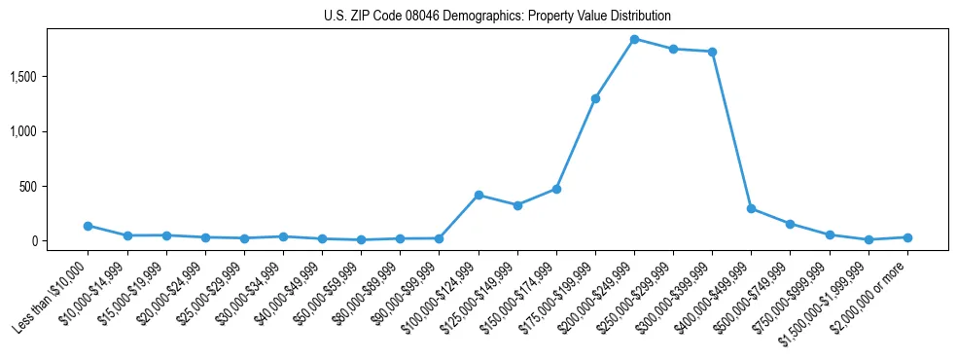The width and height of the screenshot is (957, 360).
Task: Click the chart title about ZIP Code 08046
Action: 497,17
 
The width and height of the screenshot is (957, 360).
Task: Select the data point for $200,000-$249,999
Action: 634,39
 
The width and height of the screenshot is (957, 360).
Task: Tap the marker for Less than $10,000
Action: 88,226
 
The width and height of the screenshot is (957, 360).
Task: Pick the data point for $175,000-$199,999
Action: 595,98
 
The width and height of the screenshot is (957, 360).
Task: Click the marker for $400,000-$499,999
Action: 751,208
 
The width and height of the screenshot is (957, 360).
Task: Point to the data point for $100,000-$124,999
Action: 478,195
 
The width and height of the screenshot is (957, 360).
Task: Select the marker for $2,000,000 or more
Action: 907,237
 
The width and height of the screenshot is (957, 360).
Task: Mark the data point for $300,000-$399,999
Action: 712,52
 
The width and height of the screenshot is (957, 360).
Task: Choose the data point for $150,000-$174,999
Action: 556,189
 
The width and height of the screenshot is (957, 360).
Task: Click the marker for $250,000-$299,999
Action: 673,49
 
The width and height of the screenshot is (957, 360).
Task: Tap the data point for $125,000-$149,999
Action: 517,205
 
